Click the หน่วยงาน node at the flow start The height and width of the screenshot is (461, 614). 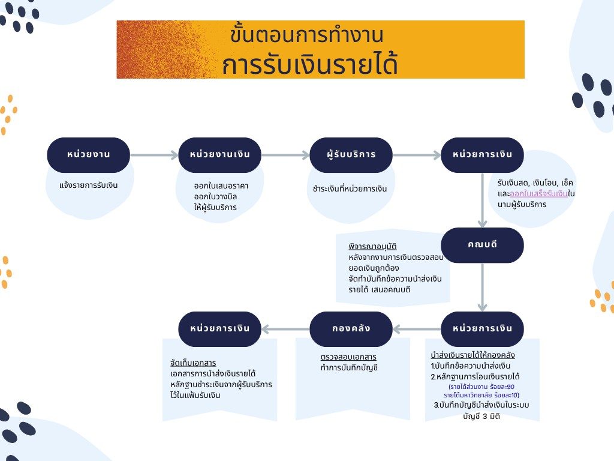89,155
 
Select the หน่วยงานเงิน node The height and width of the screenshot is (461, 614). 219,155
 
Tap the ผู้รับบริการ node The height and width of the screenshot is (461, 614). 351,155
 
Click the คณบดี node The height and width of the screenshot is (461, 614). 482,245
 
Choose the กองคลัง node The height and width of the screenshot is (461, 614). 351,329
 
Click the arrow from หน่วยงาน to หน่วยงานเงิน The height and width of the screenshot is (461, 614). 154,155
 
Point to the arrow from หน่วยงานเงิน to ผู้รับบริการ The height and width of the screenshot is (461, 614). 285,155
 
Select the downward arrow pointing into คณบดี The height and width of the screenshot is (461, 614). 483,200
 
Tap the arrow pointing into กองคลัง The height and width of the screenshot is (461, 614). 417,330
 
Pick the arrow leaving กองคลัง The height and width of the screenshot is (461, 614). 285,330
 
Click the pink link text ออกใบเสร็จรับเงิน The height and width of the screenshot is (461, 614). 538,194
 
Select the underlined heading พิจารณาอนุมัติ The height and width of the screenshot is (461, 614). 372,247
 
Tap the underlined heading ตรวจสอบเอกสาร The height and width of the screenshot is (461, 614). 348,357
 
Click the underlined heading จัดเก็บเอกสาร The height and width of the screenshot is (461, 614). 193,363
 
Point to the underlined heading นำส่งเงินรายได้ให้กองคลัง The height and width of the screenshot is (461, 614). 472,355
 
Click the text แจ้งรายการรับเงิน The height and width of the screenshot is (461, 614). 89,185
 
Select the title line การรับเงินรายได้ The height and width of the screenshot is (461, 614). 310,65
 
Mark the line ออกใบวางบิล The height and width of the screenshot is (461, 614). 215,196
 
